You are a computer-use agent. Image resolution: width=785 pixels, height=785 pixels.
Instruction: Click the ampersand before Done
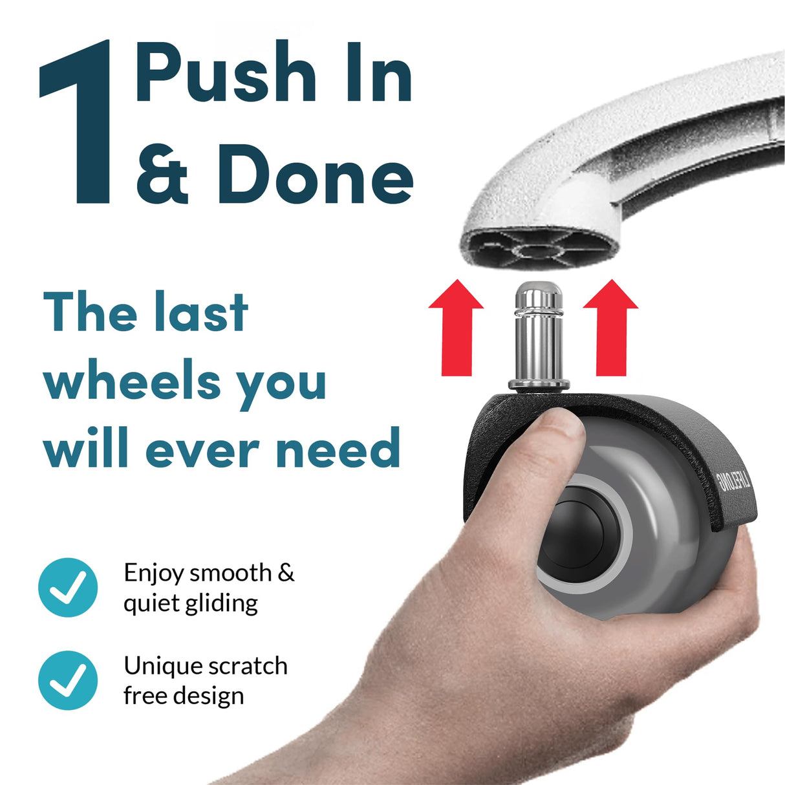click(x=162, y=173)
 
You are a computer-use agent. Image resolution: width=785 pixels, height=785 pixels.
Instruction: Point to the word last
click(x=200, y=313)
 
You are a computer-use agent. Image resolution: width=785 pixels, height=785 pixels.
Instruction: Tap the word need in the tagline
click(x=338, y=448)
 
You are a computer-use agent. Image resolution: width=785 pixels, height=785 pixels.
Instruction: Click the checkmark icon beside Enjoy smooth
click(x=68, y=587)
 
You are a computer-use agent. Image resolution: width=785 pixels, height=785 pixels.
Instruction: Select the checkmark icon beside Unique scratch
click(x=68, y=680)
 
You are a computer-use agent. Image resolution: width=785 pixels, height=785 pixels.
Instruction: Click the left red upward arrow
click(x=456, y=327)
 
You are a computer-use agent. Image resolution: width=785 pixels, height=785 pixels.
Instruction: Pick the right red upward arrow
click(x=610, y=327)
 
